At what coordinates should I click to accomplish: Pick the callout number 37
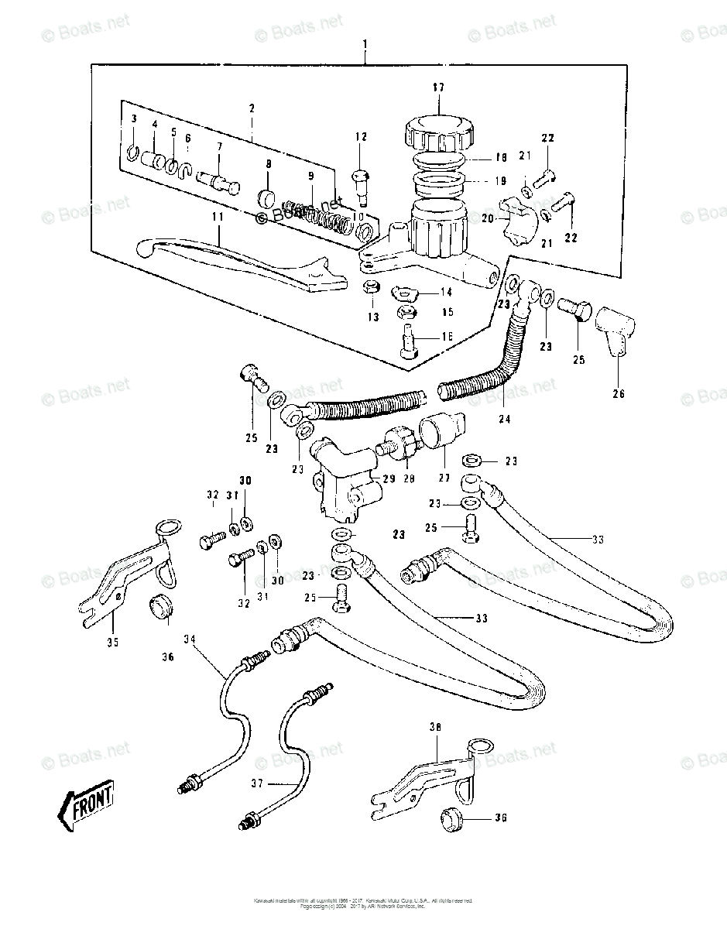[x=258, y=784]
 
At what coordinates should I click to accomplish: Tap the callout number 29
[x=389, y=480]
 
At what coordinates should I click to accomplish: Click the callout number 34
[x=190, y=639]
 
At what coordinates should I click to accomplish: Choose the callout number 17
[x=438, y=89]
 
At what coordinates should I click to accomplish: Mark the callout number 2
[x=252, y=109]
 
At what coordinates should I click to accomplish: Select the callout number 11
[x=218, y=218]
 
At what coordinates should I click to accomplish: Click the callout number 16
[x=447, y=337]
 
